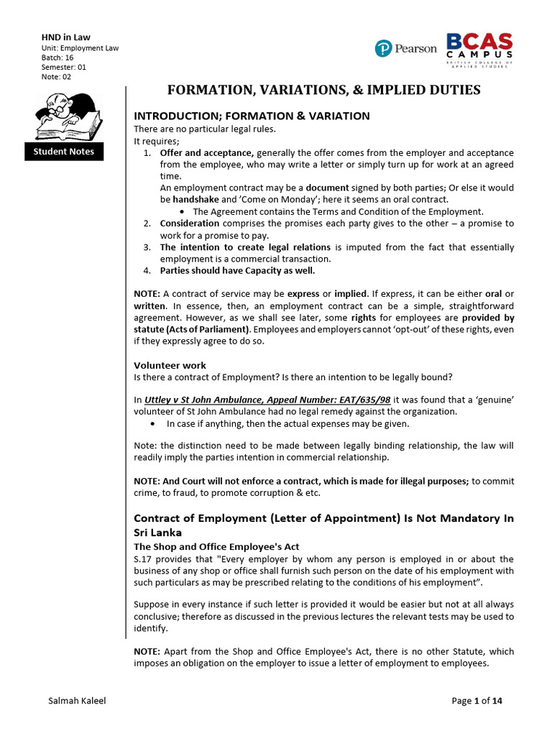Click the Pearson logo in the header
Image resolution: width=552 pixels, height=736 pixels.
pyautogui.click(x=405, y=48)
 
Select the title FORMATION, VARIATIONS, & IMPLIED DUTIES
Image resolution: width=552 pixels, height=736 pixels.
pyautogui.click(x=323, y=90)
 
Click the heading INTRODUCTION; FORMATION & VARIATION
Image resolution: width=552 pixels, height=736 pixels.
pyautogui.click(x=252, y=116)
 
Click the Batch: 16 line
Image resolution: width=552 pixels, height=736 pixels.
pyautogui.click(x=57, y=57)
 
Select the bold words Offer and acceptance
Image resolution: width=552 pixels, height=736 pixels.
pyautogui.click(x=206, y=153)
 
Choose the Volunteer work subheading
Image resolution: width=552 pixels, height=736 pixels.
pyautogui.click(x=170, y=365)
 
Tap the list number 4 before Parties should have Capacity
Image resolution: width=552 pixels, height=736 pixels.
pyautogui.click(x=146, y=271)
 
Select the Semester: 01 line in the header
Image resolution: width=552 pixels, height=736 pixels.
pyautogui.click(x=64, y=67)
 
